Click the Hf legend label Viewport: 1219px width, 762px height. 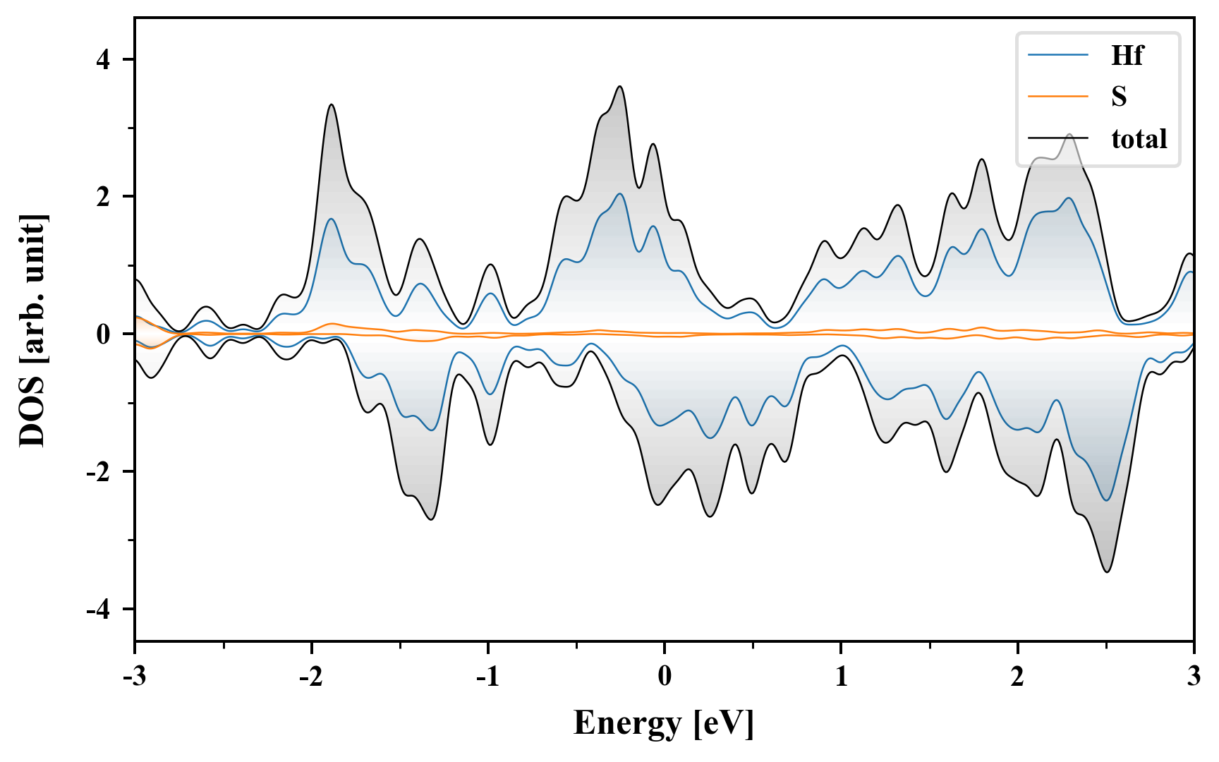(x=1127, y=55)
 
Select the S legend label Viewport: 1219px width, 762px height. (x=1119, y=96)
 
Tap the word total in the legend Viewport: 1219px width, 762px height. (x=1139, y=138)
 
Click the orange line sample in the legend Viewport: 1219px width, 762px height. (x=1058, y=96)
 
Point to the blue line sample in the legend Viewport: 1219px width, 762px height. (x=1058, y=54)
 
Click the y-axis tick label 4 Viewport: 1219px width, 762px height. (x=104, y=59)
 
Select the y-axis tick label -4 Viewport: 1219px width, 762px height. (x=99, y=610)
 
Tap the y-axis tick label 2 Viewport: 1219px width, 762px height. (x=104, y=197)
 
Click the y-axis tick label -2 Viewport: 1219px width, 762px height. (x=99, y=472)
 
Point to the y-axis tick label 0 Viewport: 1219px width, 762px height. (x=104, y=334)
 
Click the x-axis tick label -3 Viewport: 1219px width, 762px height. (x=135, y=677)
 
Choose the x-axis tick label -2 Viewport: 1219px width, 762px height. (x=311, y=677)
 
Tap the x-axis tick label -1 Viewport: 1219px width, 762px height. (x=487, y=677)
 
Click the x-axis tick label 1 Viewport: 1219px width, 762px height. (x=841, y=677)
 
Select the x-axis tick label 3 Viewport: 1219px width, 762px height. (x=1194, y=677)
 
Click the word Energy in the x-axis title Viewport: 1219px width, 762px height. (x=627, y=723)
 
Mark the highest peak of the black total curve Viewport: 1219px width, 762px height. (x=620, y=86)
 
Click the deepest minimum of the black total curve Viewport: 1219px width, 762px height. (x=1107, y=571)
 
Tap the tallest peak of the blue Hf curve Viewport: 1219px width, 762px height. (x=619, y=193)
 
